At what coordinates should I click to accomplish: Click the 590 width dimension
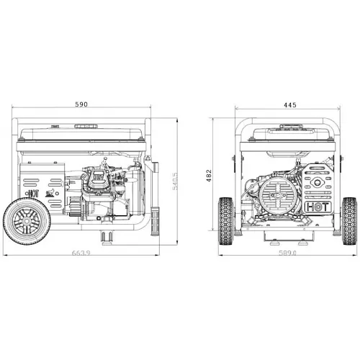point(81,105)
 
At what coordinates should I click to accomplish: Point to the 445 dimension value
point(289,105)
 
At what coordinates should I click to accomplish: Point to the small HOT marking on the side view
point(32,193)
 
